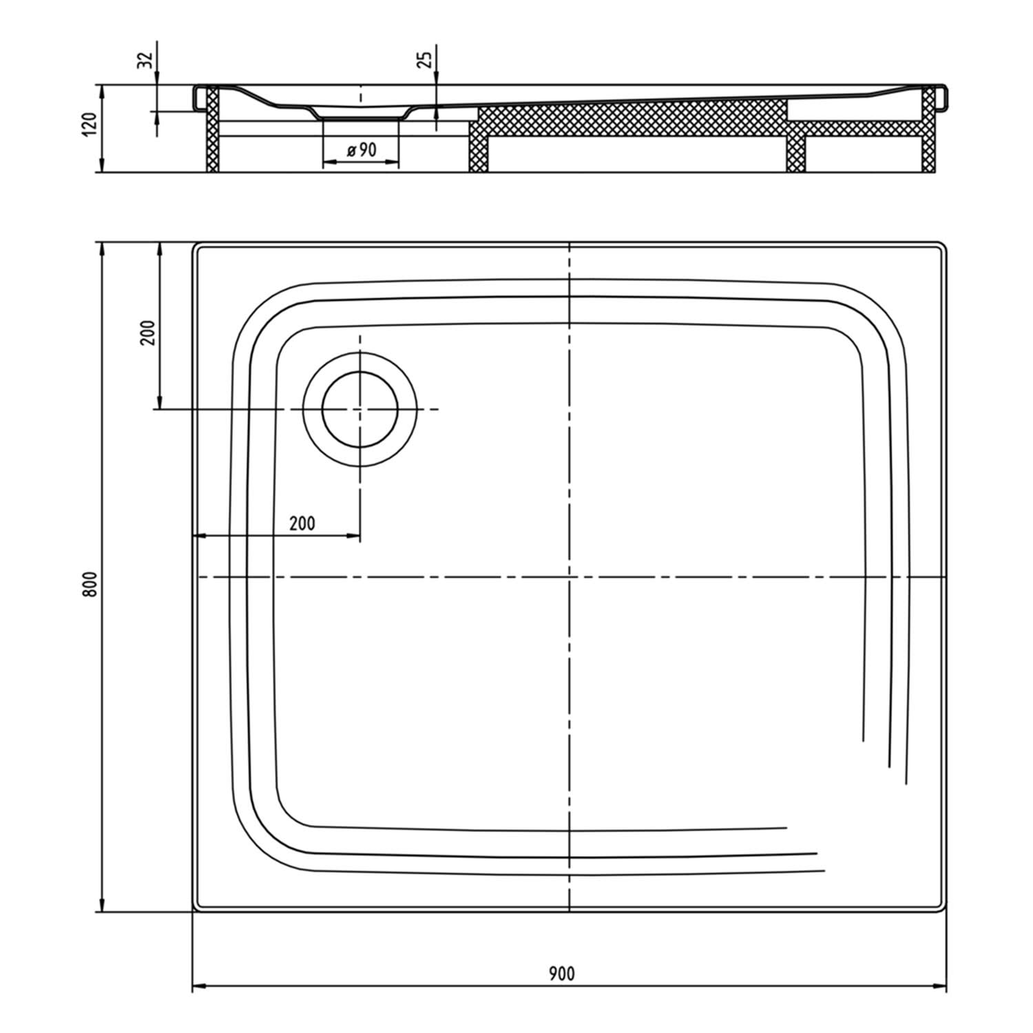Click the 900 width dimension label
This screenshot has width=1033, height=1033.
(562, 973)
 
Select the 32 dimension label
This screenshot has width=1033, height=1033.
(145, 61)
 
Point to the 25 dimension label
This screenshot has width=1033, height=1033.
(425, 59)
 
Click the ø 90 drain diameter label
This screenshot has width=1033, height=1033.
(362, 149)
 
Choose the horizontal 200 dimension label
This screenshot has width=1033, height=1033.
(302, 523)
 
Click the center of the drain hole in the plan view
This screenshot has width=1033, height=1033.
(359, 409)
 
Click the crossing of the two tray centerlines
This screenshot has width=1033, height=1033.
(570, 576)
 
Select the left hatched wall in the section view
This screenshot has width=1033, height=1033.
(213, 129)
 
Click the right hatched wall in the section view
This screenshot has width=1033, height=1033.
(929, 129)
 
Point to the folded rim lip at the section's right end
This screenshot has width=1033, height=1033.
(942, 97)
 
